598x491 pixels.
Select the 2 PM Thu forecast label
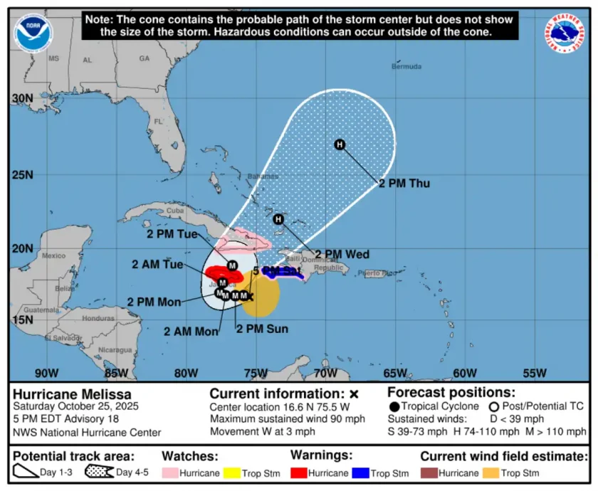click(x=404, y=184)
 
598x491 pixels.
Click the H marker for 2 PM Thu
click(x=340, y=145)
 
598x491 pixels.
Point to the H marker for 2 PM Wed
click(x=278, y=219)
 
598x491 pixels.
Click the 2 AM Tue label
click(x=157, y=265)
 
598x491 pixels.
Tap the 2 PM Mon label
click(x=154, y=302)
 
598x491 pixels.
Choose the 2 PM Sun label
click(x=261, y=329)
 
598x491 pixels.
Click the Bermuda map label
click(x=406, y=67)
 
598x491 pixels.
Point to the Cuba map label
click(x=175, y=210)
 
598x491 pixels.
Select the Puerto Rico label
click(x=377, y=273)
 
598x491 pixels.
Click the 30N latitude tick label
click(x=22, y=98)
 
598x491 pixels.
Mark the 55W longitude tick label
click(x=534, y=374)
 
